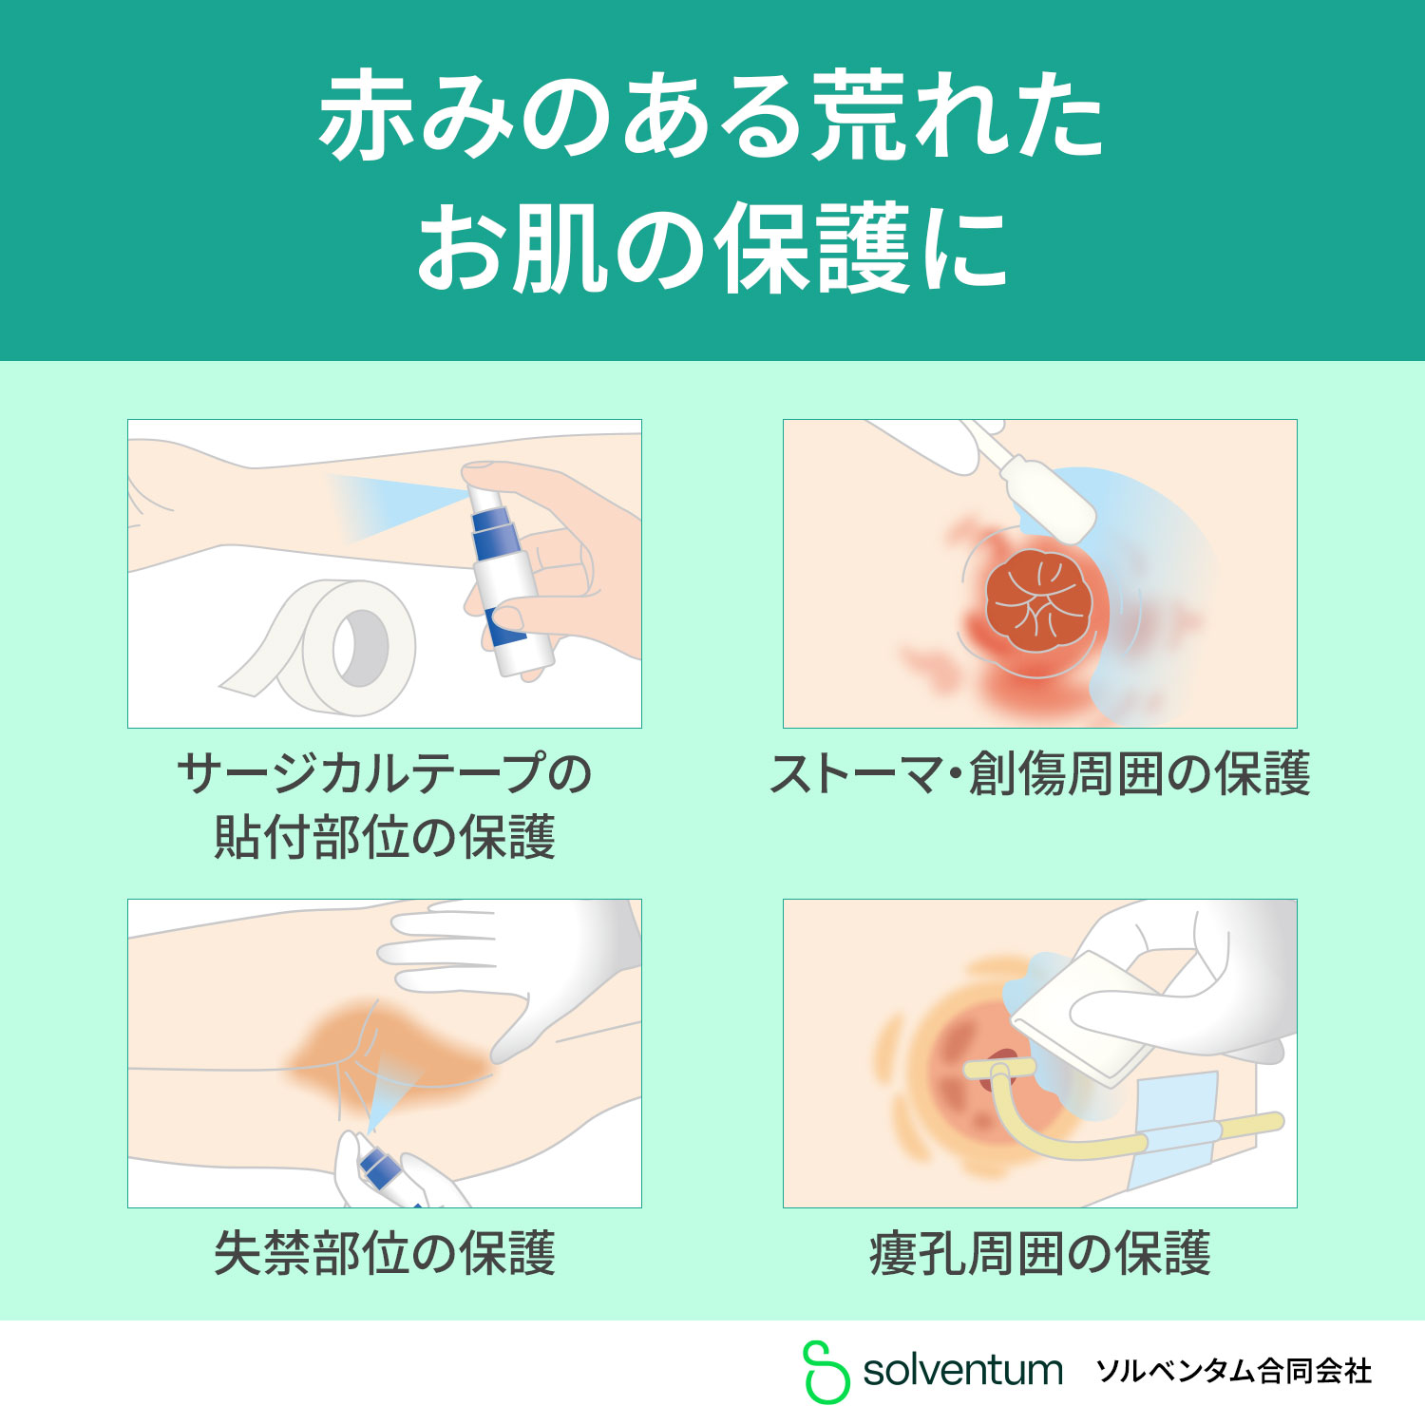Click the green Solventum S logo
point(826,1372)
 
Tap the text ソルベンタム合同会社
point(1233,1371)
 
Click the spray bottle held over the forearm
point(508,570)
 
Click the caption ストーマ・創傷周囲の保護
point(1040,773)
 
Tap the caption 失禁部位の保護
point(385,1253)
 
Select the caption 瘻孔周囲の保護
point(1040,1253)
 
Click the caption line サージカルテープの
point(385,773)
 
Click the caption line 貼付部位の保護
point(385,837)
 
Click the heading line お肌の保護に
point(712,249)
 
